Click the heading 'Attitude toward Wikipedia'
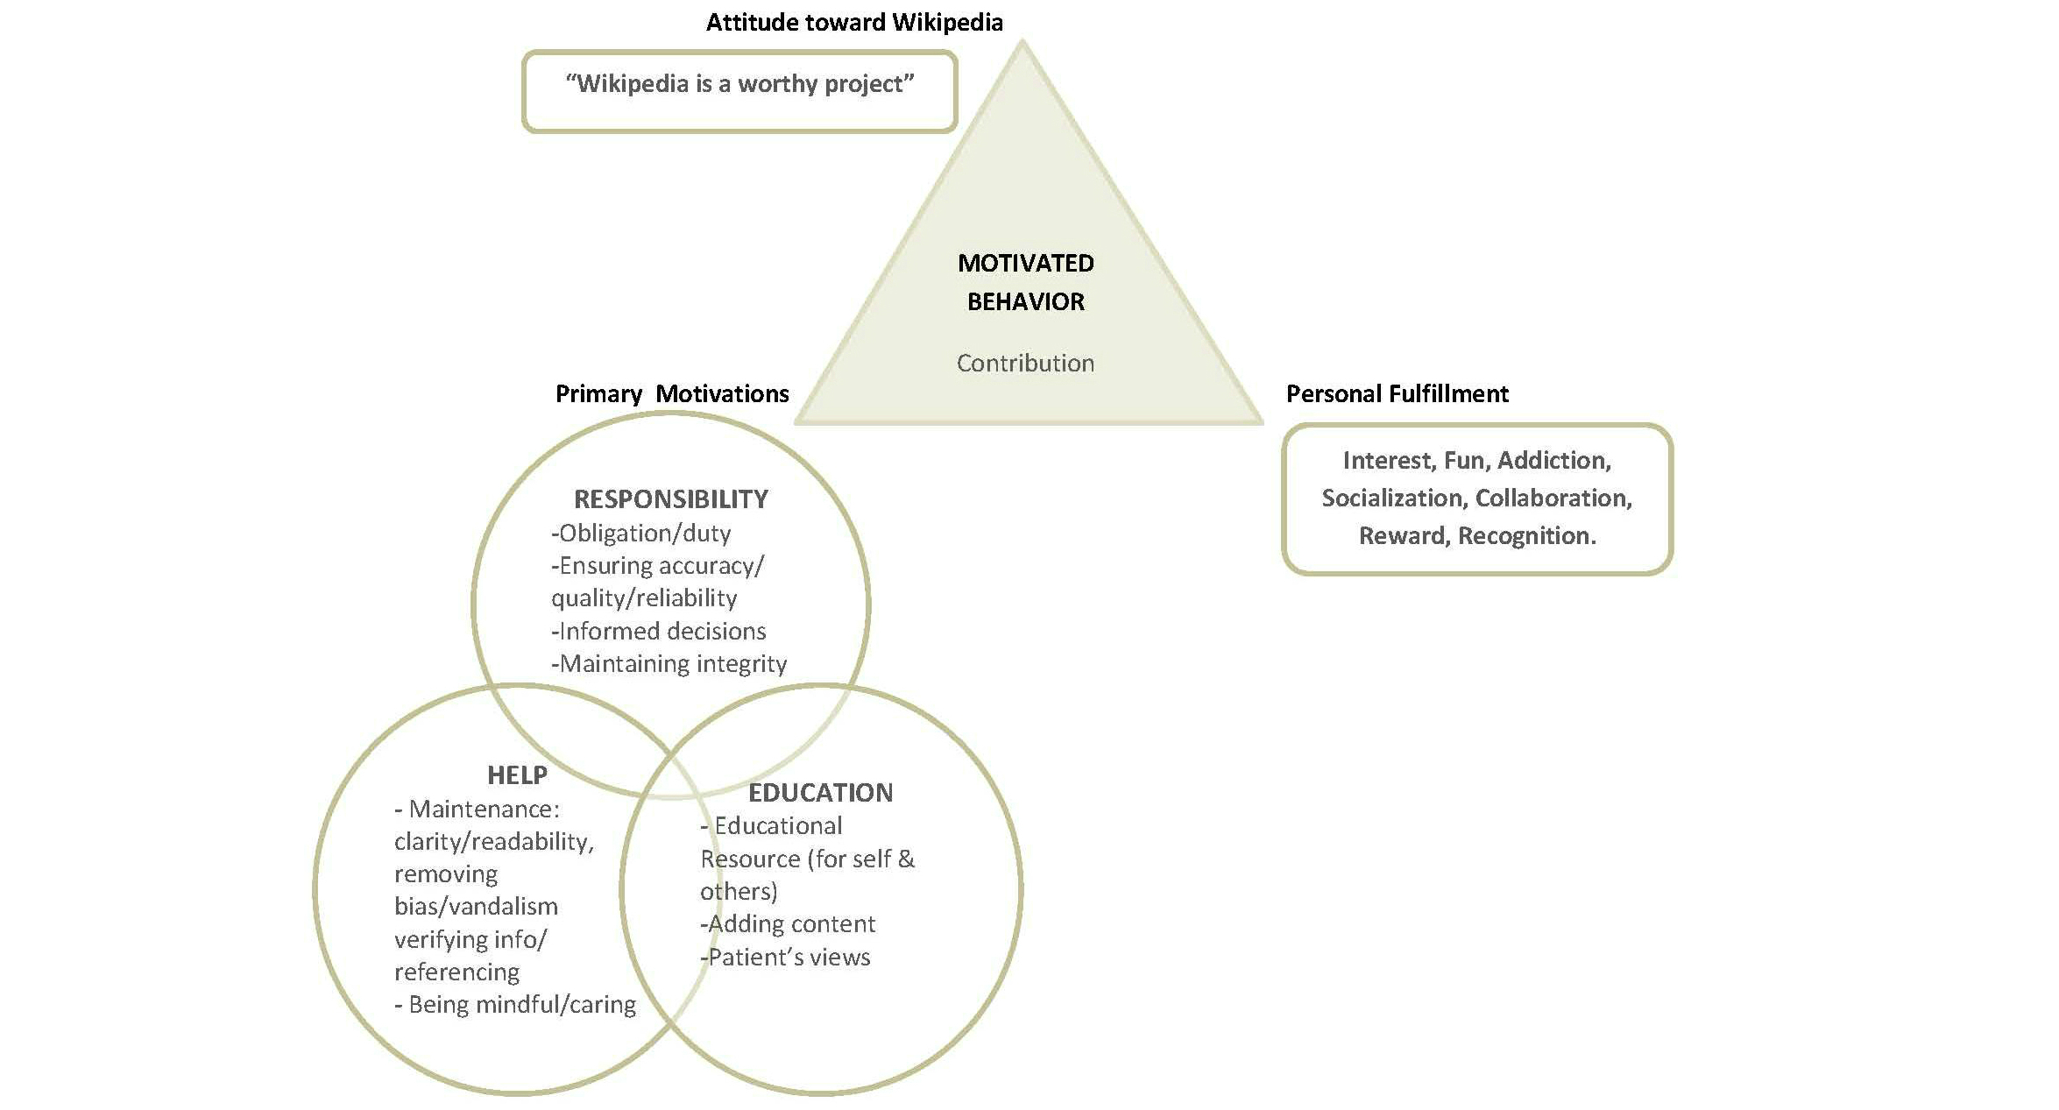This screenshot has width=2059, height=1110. (854, 22)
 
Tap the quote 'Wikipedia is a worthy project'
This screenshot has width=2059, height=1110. (739, 84)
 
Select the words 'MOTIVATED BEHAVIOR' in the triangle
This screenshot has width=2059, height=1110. (1025, 282)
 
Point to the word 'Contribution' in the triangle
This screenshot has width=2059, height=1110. (1025, 363)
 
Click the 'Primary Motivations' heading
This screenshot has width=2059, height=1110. (672, 394)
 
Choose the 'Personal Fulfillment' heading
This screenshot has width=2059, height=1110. (1397, 394)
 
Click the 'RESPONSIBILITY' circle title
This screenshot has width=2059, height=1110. (671, 499)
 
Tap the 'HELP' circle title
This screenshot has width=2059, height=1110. (517, 775)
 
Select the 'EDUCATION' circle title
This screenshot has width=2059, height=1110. (820, 793)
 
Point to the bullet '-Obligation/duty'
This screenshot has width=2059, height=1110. (641, 534)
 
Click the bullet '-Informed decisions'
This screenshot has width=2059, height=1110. (659, 632)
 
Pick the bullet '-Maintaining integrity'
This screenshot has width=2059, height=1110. (669, 664)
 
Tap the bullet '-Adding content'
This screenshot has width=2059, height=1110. (788, 924)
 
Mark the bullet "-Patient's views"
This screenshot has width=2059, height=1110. (786, 958)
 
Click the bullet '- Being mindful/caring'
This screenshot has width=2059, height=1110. (515, 1005)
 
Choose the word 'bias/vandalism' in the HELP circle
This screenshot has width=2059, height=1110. (476, 907)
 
